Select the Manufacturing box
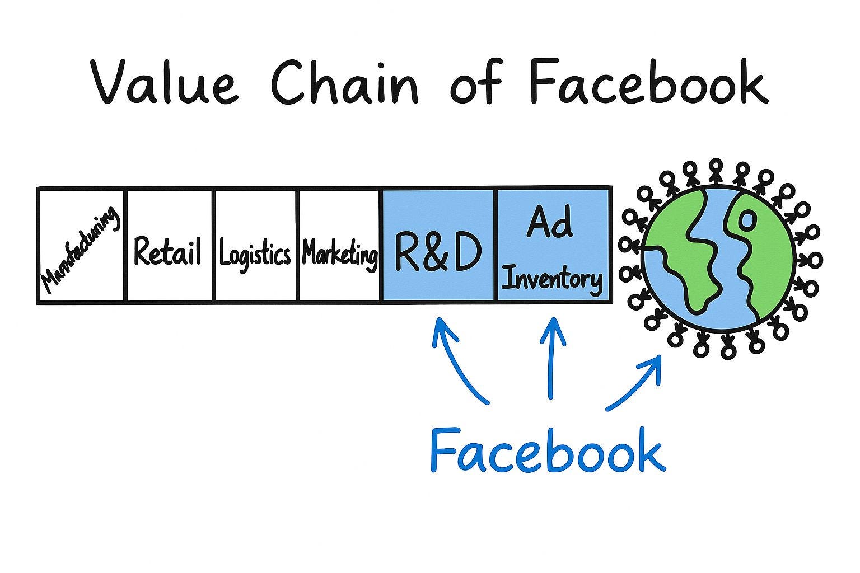82,246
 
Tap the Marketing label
339,255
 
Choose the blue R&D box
438,246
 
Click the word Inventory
552,279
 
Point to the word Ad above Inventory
549,222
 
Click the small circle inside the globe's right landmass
746,220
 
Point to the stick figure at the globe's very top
716,171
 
